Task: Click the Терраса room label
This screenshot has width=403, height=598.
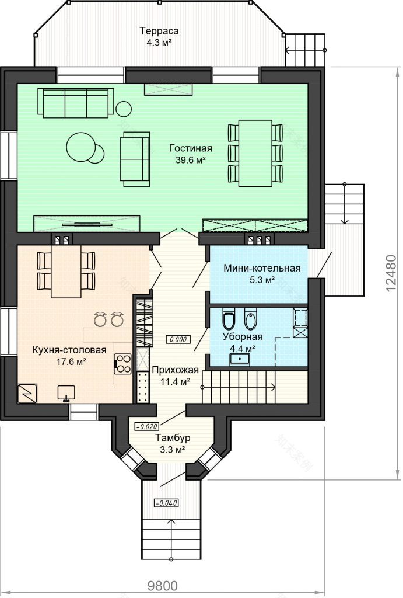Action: click(x=159, y=30)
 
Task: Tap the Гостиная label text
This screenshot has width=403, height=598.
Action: click(x=191, y=148)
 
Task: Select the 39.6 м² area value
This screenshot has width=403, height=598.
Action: click(x=191, y=160)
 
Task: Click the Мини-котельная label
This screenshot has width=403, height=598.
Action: click(x=262, y=268)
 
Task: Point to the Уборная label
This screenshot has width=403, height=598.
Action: click(x=243, y=336)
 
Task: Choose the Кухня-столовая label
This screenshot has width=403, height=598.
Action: click(x=69, y=350)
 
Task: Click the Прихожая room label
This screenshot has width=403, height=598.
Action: click(x=175, y=370)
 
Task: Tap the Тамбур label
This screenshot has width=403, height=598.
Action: click(x=173, y=438)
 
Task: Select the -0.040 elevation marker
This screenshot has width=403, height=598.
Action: click(x=166, y=503)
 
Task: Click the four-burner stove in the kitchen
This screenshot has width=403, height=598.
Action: click(x=123, y=364)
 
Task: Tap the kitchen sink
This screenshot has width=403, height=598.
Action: click(x=66, y=393)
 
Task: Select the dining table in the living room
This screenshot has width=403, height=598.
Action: click(x=255, y=154)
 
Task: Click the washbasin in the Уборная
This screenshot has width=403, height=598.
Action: click(x=240, y=360)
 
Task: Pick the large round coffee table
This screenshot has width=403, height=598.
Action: click(x=80, y=147)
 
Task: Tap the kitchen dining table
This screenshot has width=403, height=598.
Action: click(x=66, y=271)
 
